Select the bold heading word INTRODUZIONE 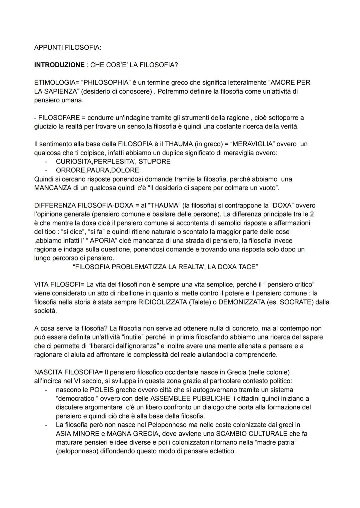click(x=59, y=65)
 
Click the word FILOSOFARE click(x=59, y=118)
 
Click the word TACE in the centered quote click(x=246, y=267)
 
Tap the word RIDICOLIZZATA click(x=158, y=302)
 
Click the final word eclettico click(x=221, y=451)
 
